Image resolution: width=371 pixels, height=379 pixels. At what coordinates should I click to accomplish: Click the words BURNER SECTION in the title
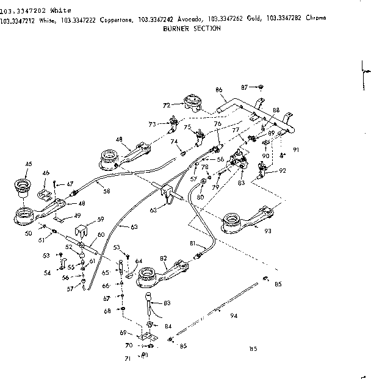[192, 28]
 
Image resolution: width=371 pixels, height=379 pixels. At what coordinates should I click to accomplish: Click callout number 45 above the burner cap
[28, 164]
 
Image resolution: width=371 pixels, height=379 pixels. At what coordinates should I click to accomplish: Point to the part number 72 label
[166, 105]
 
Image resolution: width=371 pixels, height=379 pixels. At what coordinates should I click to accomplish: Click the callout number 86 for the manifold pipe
[218, 90]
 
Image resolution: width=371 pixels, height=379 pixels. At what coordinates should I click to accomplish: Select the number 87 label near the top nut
[244, 87]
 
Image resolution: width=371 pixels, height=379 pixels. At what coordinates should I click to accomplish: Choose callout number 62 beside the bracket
[153, 209]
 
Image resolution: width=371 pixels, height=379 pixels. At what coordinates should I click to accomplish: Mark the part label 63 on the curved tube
[133, 227]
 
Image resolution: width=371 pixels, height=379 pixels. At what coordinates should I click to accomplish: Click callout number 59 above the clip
[101, 218]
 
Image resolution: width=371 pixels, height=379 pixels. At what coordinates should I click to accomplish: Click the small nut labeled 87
[260, 87]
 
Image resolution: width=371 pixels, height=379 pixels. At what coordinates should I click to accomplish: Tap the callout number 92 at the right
[283, 171]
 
